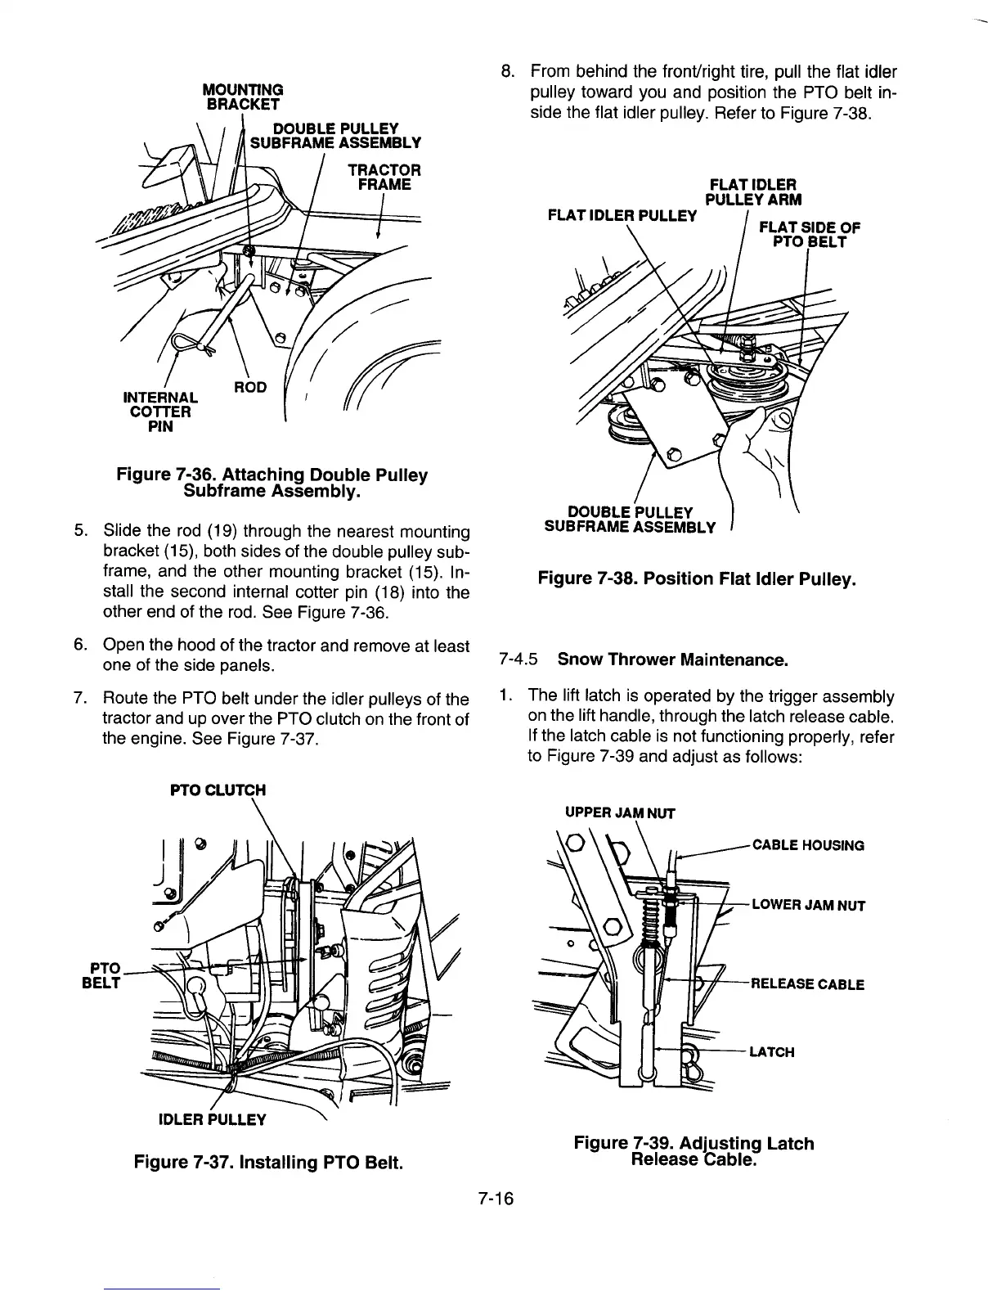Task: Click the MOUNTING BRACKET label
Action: [245, 96]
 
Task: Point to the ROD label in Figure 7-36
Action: [251, 387]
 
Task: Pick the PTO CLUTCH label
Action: [217, 790]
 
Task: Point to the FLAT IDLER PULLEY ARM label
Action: [752, 191]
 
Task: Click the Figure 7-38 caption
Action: [697, 579]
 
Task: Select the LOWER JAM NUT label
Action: [808, 906]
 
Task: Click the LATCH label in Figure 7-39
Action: [772, 1051]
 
